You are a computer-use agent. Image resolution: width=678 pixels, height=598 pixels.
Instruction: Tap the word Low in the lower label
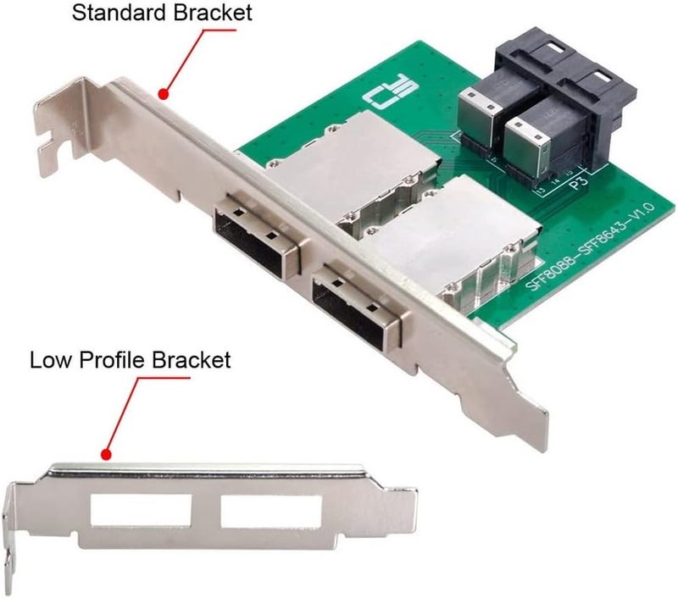click(x=48, y=359)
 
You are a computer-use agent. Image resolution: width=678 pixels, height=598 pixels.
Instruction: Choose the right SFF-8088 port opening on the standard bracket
click(x=347, y=302)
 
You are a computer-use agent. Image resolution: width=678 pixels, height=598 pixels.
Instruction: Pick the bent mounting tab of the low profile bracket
click(x=12, y=529)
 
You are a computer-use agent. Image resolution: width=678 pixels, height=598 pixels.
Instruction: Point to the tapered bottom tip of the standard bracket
click(x=527, y=432)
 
